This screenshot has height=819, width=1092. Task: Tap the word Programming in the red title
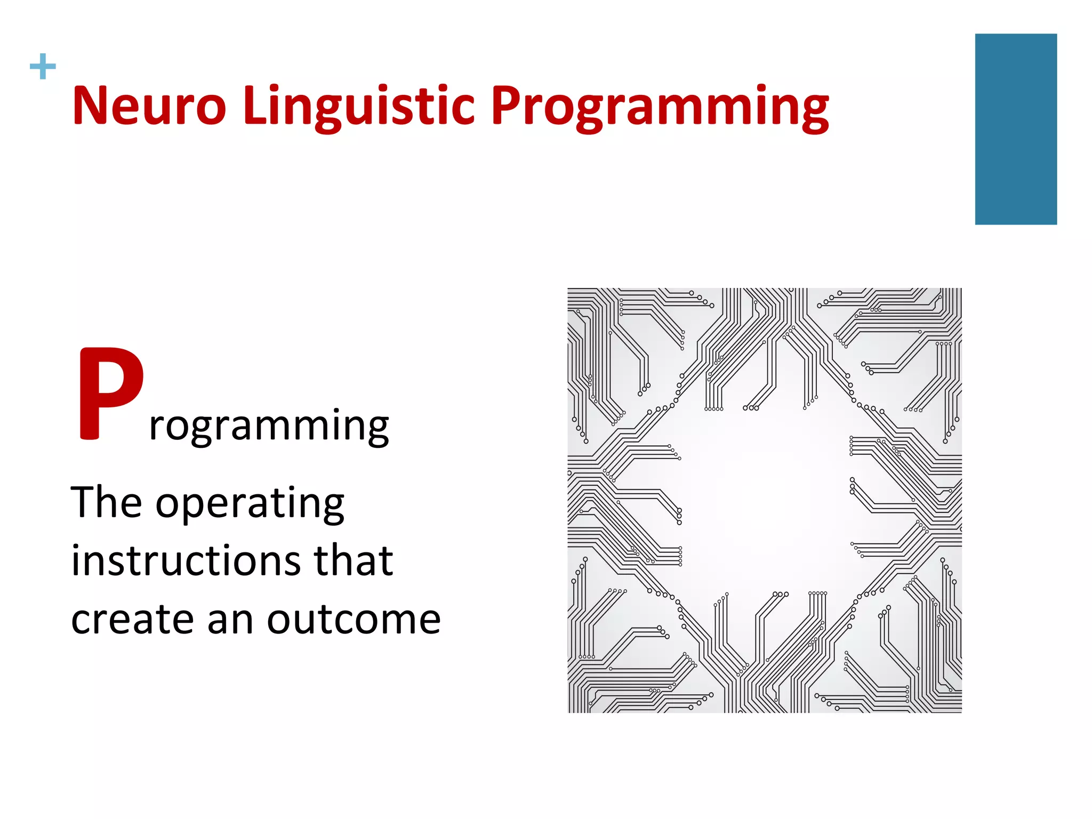(x=660, y=107)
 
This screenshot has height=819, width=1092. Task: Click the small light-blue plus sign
(x=43, y=67)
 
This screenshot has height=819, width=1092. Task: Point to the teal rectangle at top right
(x=1015, y=129)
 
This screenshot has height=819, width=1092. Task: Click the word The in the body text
(x=106, y=502)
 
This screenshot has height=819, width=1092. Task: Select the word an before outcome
(x=230, y=621)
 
